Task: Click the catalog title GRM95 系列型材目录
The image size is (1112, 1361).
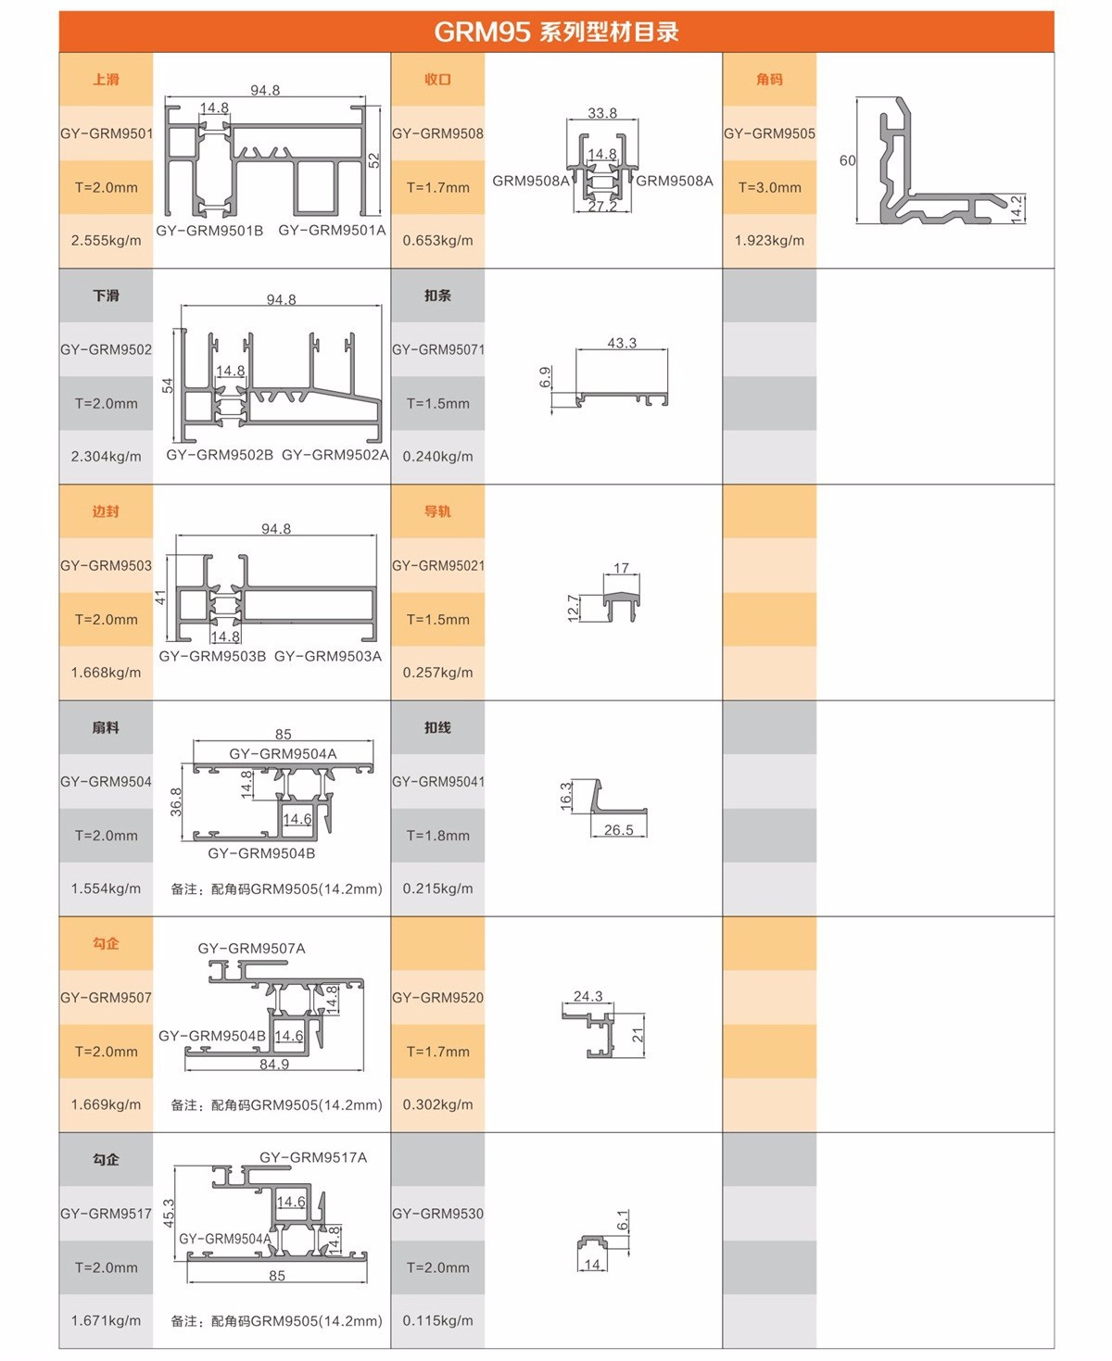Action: tap(556, 32)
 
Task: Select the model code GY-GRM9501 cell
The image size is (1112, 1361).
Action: tap(107, 133)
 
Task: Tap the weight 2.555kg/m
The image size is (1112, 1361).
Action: tap(107, 241)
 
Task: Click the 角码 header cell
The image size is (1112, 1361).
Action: tap(769, 80)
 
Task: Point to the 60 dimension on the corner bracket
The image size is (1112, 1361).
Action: tap(847, 160)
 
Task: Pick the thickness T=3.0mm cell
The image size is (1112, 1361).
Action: tap(769, 187)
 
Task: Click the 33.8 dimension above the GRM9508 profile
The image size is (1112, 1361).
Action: tap(602, 113)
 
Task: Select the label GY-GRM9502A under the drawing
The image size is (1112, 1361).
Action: tap(335, 454)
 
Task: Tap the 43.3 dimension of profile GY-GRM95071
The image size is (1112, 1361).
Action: tap(622, 343)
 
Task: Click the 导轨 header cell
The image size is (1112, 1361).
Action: tap(437, 511)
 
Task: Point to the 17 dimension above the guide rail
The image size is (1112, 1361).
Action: tap(621, 568)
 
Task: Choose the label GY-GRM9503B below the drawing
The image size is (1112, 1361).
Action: tap(212, 656)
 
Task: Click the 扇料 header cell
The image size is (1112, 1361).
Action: tap(106, 727)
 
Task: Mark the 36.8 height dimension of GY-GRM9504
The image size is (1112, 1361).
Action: tap(176, 801)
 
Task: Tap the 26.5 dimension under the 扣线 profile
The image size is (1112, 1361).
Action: tap(618, 830)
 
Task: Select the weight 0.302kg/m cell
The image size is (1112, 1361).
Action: tap(437, 1104)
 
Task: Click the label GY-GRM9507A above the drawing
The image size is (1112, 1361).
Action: tap(252, 948)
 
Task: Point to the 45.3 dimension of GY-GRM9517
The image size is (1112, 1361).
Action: tap(169, 1213)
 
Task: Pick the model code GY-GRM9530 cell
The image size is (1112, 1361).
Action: tap(437, 1213)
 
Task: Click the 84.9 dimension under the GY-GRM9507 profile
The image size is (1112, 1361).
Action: tap(274, 1065)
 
